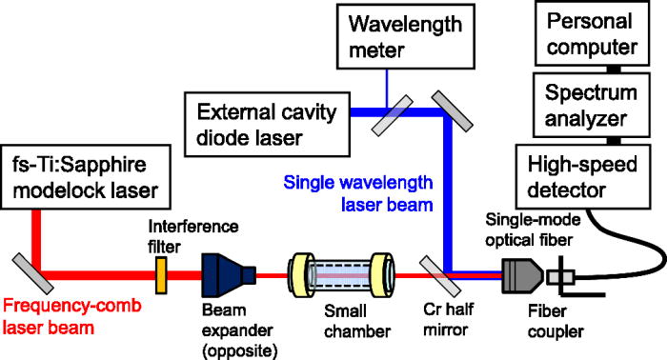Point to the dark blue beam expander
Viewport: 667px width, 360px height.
tap(229, 276)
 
